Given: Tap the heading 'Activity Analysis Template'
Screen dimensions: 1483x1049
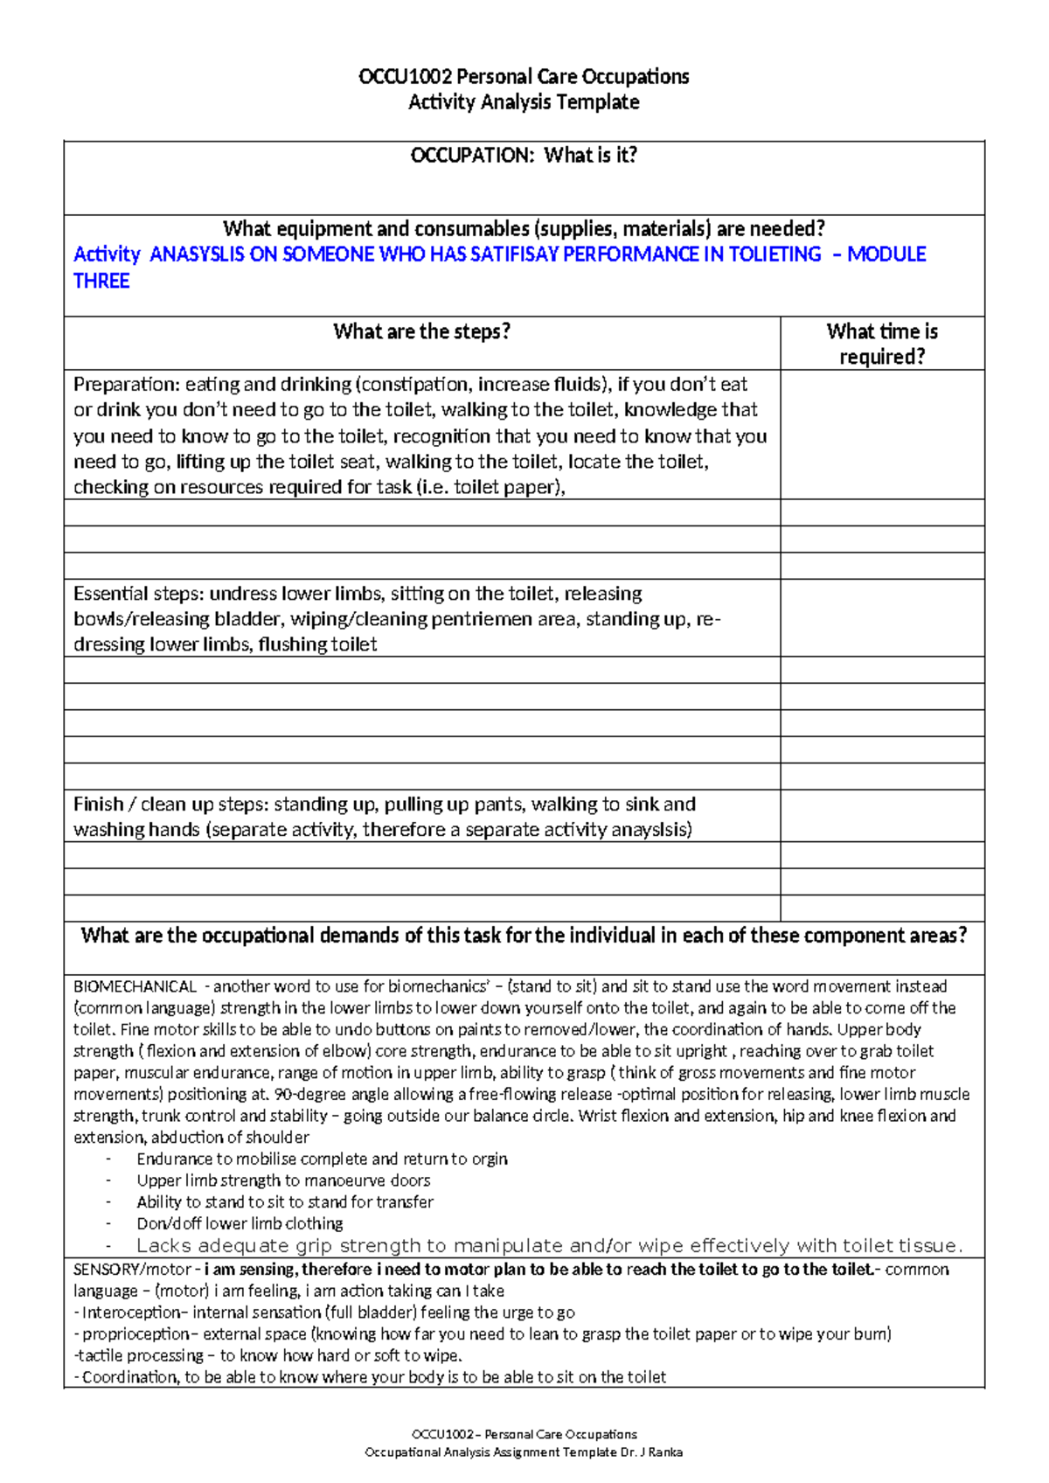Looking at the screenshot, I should click(x=524, y=102).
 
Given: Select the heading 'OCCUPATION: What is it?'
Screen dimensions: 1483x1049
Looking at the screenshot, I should click(x=524, y=156).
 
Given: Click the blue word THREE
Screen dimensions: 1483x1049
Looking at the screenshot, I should click(x=101, y=282).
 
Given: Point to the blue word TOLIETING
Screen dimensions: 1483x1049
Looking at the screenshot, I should click(x=775, y=254).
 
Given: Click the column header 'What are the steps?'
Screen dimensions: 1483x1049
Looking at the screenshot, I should click(x=421, y=331).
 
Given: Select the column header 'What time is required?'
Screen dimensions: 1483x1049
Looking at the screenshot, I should click(x=881, y=344).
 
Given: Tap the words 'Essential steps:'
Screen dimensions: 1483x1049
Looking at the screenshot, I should click(x=138, y=594).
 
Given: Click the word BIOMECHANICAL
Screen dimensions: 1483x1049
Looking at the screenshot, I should click(x=135, y=986).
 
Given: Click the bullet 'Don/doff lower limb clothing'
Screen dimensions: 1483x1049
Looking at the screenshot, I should click(x=240, y=1224).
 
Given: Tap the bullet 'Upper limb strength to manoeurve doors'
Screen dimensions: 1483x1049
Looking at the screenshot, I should click(x=283, y=1180).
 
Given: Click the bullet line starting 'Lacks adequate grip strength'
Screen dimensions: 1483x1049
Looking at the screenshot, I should click(x=549, y=1246).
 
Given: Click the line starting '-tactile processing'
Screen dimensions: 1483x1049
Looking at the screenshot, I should click(x=267, y=1356).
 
